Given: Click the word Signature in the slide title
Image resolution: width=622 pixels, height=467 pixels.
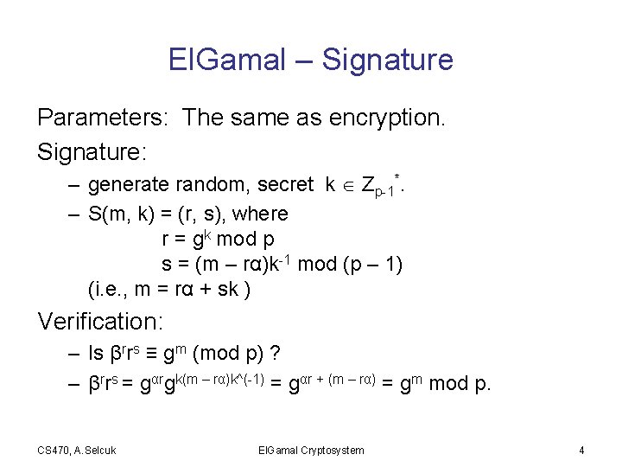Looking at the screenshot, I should [387, 60].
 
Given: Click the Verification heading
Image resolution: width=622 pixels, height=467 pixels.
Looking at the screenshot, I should [100, 322].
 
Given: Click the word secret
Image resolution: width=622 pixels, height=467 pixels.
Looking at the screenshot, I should [291, 184].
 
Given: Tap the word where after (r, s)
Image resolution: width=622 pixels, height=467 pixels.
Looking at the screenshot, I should [260, 213].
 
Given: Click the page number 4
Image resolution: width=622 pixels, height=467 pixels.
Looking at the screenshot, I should [581, 450].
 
